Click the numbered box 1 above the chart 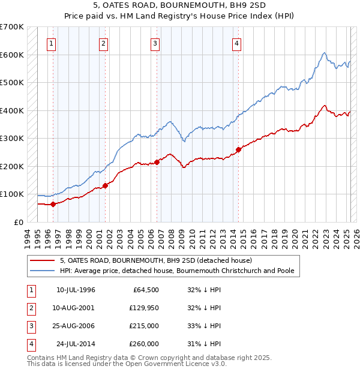[52, 43]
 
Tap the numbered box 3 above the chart [155, 43]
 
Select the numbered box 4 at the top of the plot [237, 43]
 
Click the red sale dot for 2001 [105, 185]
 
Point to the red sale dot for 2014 [238, 149]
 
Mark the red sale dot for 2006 [157, 162]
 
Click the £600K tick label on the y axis [11, 55]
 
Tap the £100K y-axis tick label [11, 194]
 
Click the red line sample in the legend [43, 260]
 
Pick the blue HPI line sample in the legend [43, 271]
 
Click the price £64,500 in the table [145, 290]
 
